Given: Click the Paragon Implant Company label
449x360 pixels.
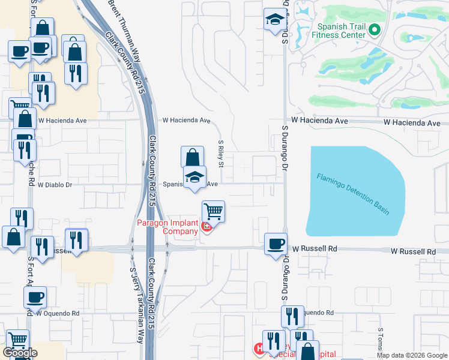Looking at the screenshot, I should (168, 227).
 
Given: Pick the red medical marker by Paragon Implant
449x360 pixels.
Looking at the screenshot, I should (206, 227).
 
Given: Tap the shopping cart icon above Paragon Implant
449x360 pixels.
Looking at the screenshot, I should (213, 211).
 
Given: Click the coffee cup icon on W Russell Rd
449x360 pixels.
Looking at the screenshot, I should (276, 244).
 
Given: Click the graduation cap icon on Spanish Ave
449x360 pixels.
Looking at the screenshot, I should (194, 177).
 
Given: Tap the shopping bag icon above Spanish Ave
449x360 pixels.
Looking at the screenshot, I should (191, 158).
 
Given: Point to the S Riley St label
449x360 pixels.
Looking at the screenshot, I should (221, 154).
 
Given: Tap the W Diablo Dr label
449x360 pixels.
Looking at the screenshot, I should (55, 185).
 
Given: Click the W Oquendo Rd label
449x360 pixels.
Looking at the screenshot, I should (58, 313).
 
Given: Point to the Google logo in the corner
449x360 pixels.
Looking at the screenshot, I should (20, 353).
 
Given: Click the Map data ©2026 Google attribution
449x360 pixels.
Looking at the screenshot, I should (412, 355).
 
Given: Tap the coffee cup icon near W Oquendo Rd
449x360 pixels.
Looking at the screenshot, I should (35, 296).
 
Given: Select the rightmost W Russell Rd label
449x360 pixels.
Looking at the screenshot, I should (414, 251).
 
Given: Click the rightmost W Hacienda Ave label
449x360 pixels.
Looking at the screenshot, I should (412, 122).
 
